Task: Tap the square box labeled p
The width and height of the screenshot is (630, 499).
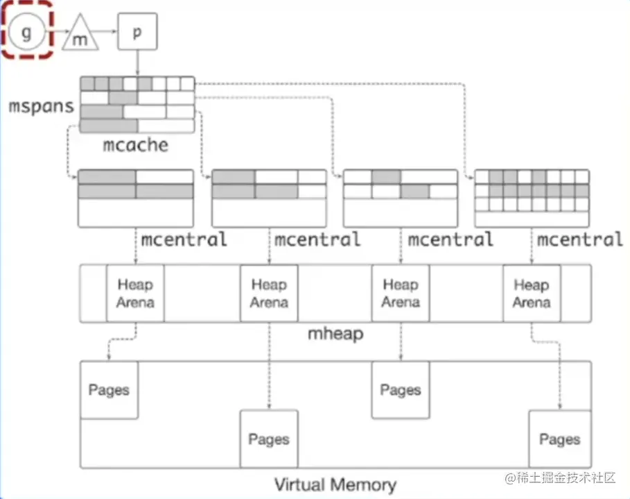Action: pyautogui.click(x=136, y=32)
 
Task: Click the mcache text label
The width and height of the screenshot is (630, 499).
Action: pyautogui.click(x=136, y=144)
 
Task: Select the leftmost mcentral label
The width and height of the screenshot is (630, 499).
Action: pyautogui.click(x=184, y=240)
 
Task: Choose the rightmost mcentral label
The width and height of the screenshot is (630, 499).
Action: pyautogui.click(x=579, y=240)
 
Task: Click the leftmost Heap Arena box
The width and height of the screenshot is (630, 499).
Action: pyautogui.click(x=135, y=293)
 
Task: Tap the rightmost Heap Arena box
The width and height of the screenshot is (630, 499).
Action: pyautogui.click(x=532, y=293)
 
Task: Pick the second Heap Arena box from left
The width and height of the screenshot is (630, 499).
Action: pyautogui.click(x=269, y=293)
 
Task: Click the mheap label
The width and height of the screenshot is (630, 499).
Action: pyautogui.click(x=335, y=334)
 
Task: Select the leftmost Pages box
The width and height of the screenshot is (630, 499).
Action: pyautogui.click(x=109, y=389)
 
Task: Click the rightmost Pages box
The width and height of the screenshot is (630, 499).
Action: pyautogui.click(x=559, y=439)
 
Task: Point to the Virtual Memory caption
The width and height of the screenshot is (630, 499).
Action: pyautogui.click(x=335, y=484)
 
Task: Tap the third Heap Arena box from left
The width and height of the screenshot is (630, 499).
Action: pyautogui.click(x=401, y=293)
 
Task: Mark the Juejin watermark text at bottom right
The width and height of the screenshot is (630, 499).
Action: pyautogui.click(x=560, y=478)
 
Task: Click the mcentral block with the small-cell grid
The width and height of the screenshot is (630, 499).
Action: pyautogui.click(x=532, y=197)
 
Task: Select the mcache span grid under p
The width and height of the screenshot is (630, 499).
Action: pyautogui.click(x=137, y=104)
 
